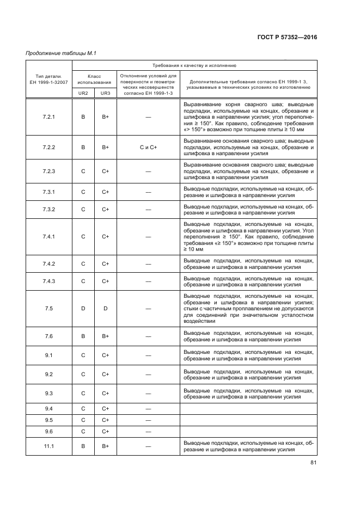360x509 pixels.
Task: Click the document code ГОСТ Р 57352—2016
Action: coord(286,38)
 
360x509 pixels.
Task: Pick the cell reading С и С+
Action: coord(148,147)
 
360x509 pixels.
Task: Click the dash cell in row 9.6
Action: coord(148,431)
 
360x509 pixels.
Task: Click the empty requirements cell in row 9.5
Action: coord(248,420)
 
